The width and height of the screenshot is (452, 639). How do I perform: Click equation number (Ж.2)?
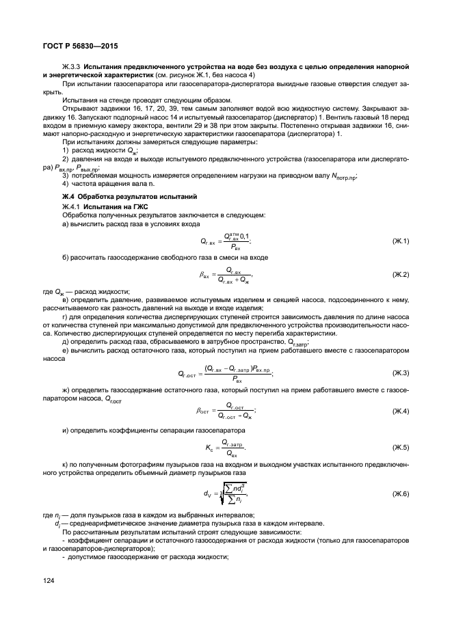400,274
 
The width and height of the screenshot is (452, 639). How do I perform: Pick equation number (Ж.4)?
400,410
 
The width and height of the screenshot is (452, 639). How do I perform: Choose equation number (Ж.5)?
400,448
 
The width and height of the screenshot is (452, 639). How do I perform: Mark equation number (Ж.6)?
400,492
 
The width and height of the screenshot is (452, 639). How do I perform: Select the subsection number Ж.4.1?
72,206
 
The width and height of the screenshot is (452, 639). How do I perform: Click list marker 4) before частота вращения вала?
66,184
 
